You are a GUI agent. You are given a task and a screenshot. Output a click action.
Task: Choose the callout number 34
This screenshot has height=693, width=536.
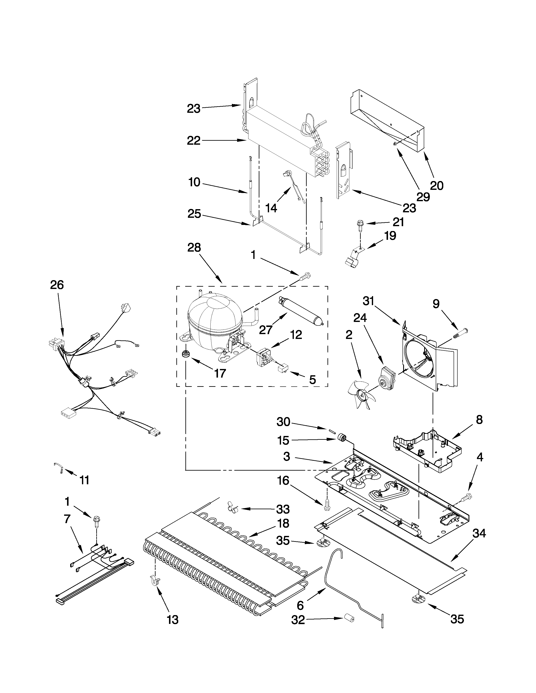[x=479, y=534]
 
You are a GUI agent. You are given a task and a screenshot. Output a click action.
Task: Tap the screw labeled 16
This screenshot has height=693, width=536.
[x=326, y=506]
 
